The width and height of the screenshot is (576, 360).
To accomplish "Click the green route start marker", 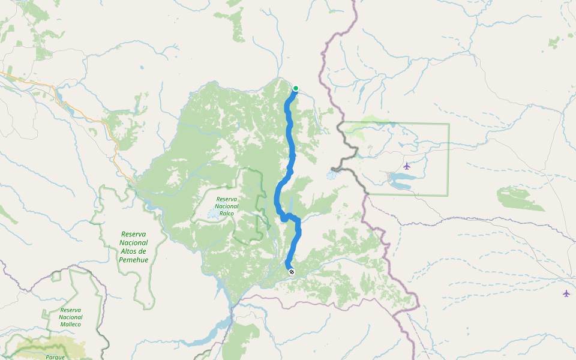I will pyautogui.click(x=295, y=88).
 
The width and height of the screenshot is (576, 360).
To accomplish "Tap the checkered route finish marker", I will pyautogui.click(x=291, y=272).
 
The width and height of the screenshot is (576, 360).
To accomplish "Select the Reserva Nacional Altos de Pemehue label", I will pyautogui.click(x=134, y=247).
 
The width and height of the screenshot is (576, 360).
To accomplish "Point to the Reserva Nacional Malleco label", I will pyautogui.click(x=70, y=317).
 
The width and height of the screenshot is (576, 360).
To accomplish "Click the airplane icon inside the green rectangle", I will pyautogui.click(x=407, y=166).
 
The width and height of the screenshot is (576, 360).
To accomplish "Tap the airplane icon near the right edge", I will pyautogui.click(x=566, y=293).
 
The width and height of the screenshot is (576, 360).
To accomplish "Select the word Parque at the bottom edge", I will pyautogui.click(x=55, y=356).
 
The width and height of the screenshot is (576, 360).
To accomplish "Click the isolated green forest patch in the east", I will pyautogui.click(x=520, y=199).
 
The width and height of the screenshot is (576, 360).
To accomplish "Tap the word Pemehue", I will pyautogui.click(x=134, y=259).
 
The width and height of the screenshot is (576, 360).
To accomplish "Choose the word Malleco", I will pyautogui.click(x=70, y=324).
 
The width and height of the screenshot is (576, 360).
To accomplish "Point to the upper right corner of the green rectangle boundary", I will pyautogui.click(x=448, y=124).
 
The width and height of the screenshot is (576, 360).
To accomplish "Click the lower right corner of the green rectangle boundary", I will pyautogui.click(x=448, y=195).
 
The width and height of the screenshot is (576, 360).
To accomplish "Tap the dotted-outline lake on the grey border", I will pyautogui.click(x=331, y=176).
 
